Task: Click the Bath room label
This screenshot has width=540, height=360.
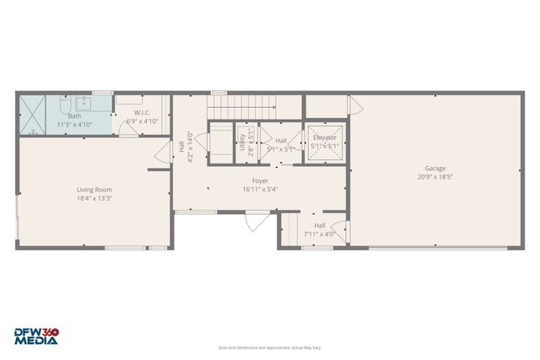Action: pos(74,116)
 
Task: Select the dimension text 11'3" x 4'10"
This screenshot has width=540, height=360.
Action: pos(74,125)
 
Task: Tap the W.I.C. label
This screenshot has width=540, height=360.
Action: pos(142,112)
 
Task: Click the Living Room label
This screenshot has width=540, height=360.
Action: pos(94,190)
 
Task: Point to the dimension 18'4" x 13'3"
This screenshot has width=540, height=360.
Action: pos(94,199)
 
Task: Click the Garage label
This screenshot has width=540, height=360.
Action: pos(435,168)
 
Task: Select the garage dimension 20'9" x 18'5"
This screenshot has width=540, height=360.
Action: pos(435,177)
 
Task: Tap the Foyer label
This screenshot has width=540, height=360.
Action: pos(260,180)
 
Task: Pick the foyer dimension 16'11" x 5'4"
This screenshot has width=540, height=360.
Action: pos(260,189)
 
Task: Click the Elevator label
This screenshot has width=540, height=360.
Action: pos(325,137)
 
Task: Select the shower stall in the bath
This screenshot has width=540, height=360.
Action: pos(34,116)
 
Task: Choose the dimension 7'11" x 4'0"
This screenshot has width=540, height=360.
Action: pos(320,234)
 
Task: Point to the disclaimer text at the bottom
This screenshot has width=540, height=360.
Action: pos(270,347)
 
